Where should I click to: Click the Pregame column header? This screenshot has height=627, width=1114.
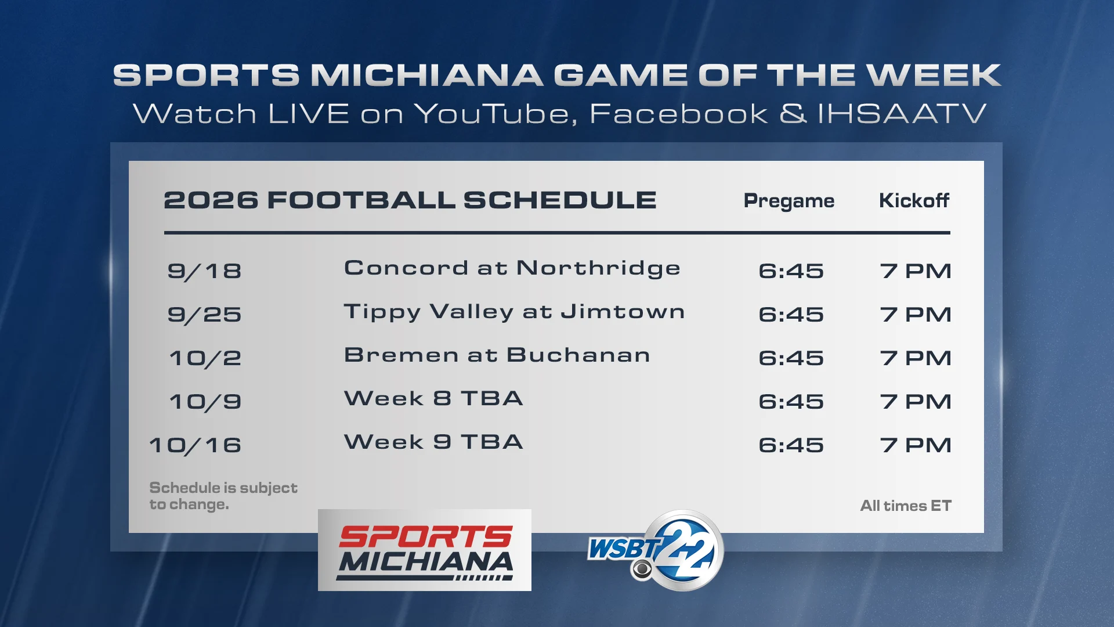point(789,201)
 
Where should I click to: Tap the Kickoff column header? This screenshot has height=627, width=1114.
point(914,200)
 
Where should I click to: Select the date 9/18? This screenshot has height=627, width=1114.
point(204,271)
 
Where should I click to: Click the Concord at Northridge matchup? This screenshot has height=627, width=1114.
point(512,268)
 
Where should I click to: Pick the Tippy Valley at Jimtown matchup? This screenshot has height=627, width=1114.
point(515,312)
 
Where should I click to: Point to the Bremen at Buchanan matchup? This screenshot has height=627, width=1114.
point(497,355)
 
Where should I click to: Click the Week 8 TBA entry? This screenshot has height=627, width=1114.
point(434,398)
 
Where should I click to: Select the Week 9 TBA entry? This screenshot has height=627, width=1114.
point(434,442)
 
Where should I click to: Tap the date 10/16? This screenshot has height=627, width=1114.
point(196,445)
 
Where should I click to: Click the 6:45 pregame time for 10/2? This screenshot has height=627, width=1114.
point(791,358)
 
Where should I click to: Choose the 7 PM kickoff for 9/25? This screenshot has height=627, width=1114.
point(916,315)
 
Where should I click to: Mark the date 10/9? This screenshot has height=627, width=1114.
point(205,402)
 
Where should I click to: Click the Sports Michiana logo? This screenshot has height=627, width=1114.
point(425,550)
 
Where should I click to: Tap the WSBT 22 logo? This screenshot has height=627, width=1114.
point(656,550)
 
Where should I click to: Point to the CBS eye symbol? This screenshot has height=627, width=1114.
point(642,570)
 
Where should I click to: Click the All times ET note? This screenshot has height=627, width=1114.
point(906,506)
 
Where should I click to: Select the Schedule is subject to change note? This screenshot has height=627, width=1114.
point(223,496)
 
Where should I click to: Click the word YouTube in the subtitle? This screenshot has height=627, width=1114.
point(496,113)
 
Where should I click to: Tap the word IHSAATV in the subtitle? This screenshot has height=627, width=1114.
point(902,113)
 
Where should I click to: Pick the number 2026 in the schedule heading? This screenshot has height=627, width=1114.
point(211,200)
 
